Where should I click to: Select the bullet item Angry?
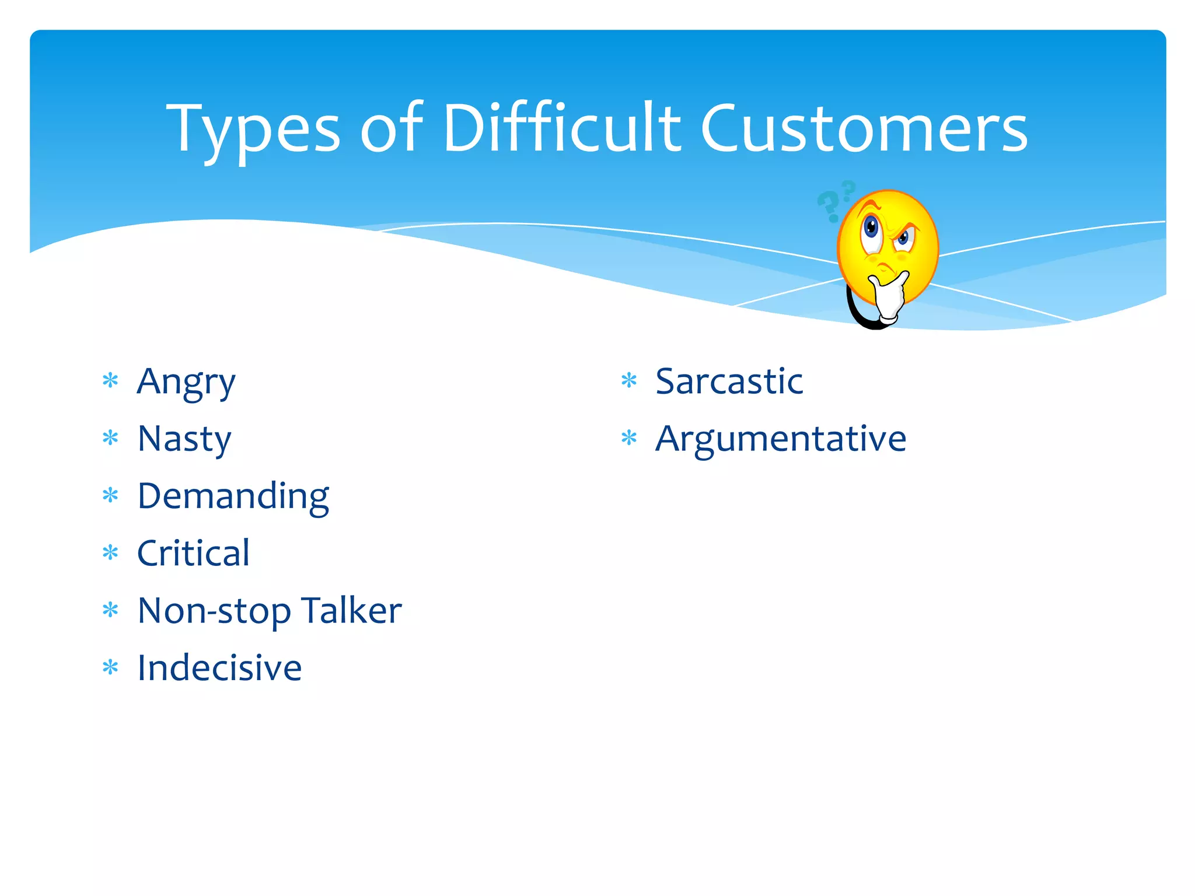pos(186,383)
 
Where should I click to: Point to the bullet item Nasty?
pos(184,439)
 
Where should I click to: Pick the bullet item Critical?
pos(193,553)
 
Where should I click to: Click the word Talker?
pos(352,610)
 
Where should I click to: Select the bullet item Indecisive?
pos(219,667)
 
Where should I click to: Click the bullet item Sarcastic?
pos(729,381)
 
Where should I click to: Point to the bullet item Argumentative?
pos(781,439)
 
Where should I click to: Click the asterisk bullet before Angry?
pos(110,381)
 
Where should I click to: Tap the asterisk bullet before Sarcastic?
pos(629,381)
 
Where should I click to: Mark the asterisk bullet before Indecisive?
pos(110,667)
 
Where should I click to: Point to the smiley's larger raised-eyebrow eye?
pos(872,229)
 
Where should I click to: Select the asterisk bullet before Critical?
pos(110,552)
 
